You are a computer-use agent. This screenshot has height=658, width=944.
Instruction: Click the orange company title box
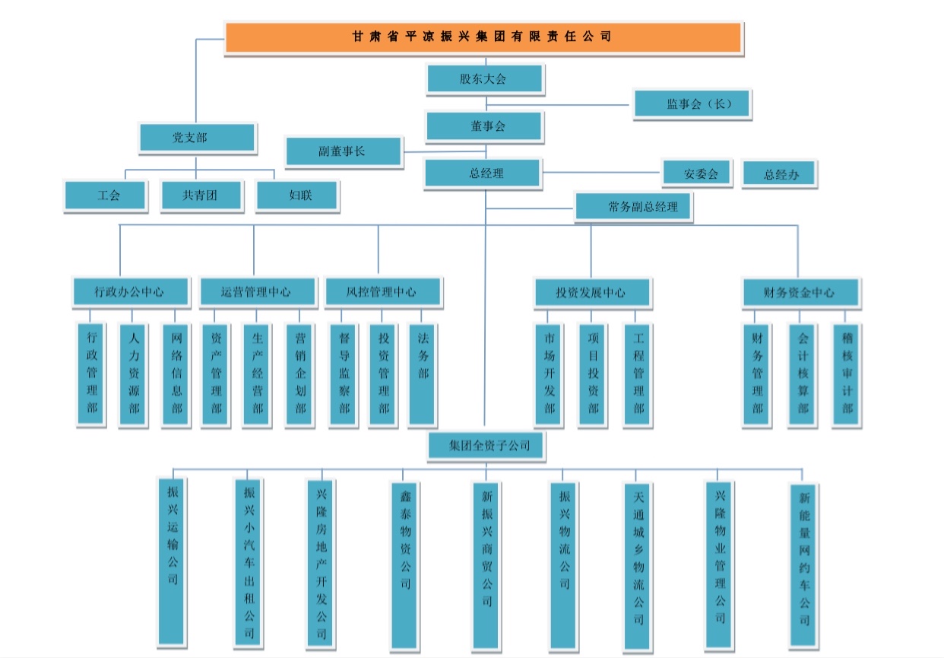(x=483, y=37)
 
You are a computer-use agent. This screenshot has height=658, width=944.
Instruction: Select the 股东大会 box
(x=483, y=78)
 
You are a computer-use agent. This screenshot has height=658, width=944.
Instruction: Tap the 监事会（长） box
(x=692, y=104)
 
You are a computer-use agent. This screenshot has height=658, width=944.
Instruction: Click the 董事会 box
(x=483, y=126)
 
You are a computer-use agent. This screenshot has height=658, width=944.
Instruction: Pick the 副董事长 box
(x=342, y=151)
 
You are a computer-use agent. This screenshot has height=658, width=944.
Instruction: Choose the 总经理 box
(x=483, y=173)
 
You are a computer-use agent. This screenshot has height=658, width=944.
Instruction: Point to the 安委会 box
(x=696, y=173)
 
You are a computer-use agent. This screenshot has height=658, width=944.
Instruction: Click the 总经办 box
(x=779, y=174)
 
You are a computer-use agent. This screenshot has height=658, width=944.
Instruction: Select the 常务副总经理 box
(x=634, y=207)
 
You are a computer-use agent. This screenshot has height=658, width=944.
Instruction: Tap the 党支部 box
(x=196, y=138)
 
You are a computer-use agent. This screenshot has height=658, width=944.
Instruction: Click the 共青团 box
(x=201, y=195)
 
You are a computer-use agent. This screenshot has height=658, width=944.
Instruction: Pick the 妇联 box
(x=297, y=195)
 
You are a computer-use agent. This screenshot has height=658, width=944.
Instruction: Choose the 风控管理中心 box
(x=382, y=291)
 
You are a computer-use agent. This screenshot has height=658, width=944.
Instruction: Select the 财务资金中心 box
(x=800, y=292)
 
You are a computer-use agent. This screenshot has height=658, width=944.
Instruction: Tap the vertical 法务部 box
(x=422, y=374)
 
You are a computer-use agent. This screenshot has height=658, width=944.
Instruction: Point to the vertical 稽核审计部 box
(x=846, y=375)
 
